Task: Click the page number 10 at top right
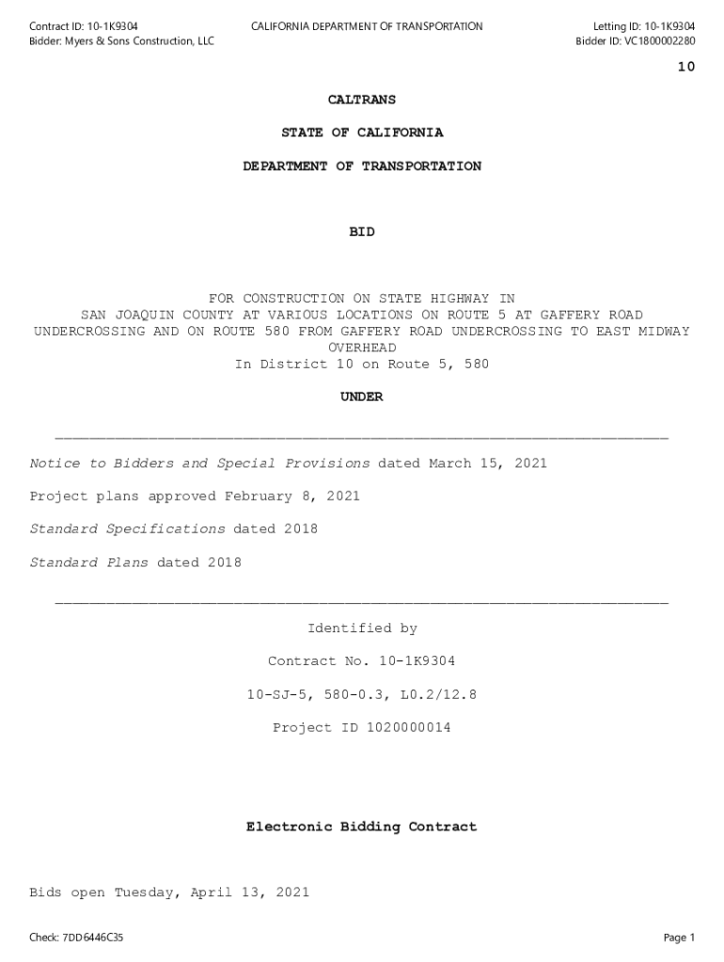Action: coord(685,67)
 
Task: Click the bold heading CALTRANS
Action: coord(362,100)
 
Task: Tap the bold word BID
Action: coord(362,232)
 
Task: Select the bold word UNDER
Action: coord(362,397)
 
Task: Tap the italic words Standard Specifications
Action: coord(128,529)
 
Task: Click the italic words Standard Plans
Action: coord(89,563)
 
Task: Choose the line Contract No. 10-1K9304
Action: coord(362,661)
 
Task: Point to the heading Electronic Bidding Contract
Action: coord(362,827)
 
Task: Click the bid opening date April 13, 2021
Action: coord(250,892)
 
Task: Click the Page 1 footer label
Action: coord(679,938)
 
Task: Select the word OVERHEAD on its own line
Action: coord(362,348)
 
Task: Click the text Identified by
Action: coord(362,628)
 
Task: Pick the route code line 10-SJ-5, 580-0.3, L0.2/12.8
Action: coord(362,694)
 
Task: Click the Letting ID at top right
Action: coord(644,26)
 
